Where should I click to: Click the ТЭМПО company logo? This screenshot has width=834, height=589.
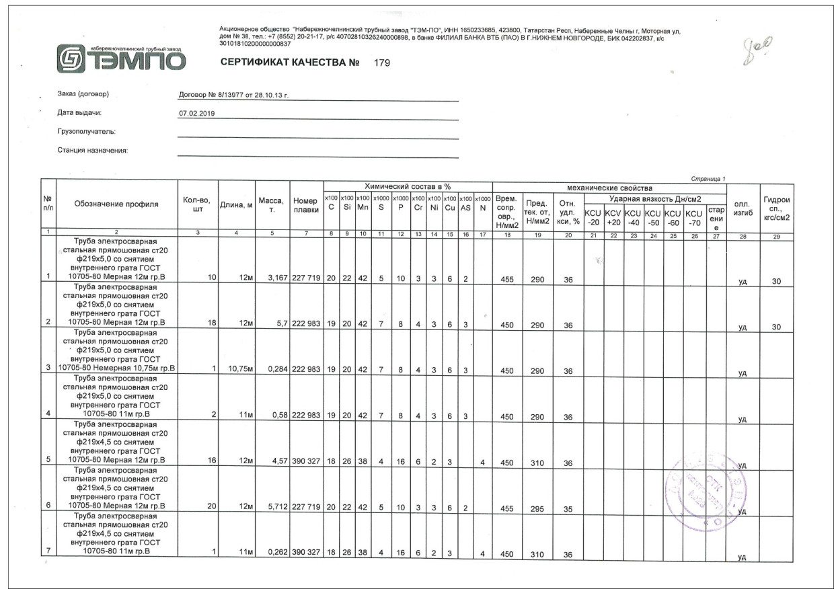click(x=121, y=58)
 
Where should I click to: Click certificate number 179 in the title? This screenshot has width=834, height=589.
click(x=381, y=63)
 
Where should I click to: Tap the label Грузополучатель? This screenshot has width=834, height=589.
click(x=87, y=131)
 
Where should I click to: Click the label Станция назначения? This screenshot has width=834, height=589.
click(x=93, y=150)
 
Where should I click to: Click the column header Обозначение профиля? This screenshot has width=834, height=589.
click(x=116, y=204)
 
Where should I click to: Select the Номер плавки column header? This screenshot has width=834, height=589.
click(x=306, y=205)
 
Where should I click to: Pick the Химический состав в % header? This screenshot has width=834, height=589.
click(x=408, y=186)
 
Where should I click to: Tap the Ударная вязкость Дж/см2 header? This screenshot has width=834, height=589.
click(x=655, y=199)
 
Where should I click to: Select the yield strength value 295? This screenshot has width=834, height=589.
click(x=537, y=509)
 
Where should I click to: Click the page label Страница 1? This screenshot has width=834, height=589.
click(x=708, y=178)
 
